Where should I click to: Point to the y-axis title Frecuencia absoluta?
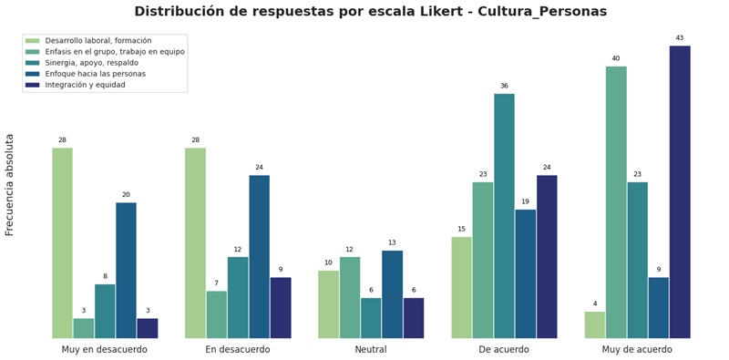coord(10,185)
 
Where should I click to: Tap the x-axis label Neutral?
coord(371,350)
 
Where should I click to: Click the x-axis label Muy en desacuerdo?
coord(105,350)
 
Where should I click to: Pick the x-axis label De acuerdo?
coord(504,350)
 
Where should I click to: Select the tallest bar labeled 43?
coord(680,192)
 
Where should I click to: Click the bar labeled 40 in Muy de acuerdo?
coord(616,202)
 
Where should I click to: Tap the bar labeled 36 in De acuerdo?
coord(504,216)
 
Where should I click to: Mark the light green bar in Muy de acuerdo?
coord(594,325)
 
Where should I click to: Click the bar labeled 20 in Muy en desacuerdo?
coord(126,271)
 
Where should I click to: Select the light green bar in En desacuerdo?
coord(195,243)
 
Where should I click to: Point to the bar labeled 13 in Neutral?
coord(392,294)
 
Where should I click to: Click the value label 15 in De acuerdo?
coord(461,230)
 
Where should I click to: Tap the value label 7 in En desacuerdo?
coord(216,283)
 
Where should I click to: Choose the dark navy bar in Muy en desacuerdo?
coord(148,328)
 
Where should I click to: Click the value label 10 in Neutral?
coord(328,263)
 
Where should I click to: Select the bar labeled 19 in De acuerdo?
coord(525,274)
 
